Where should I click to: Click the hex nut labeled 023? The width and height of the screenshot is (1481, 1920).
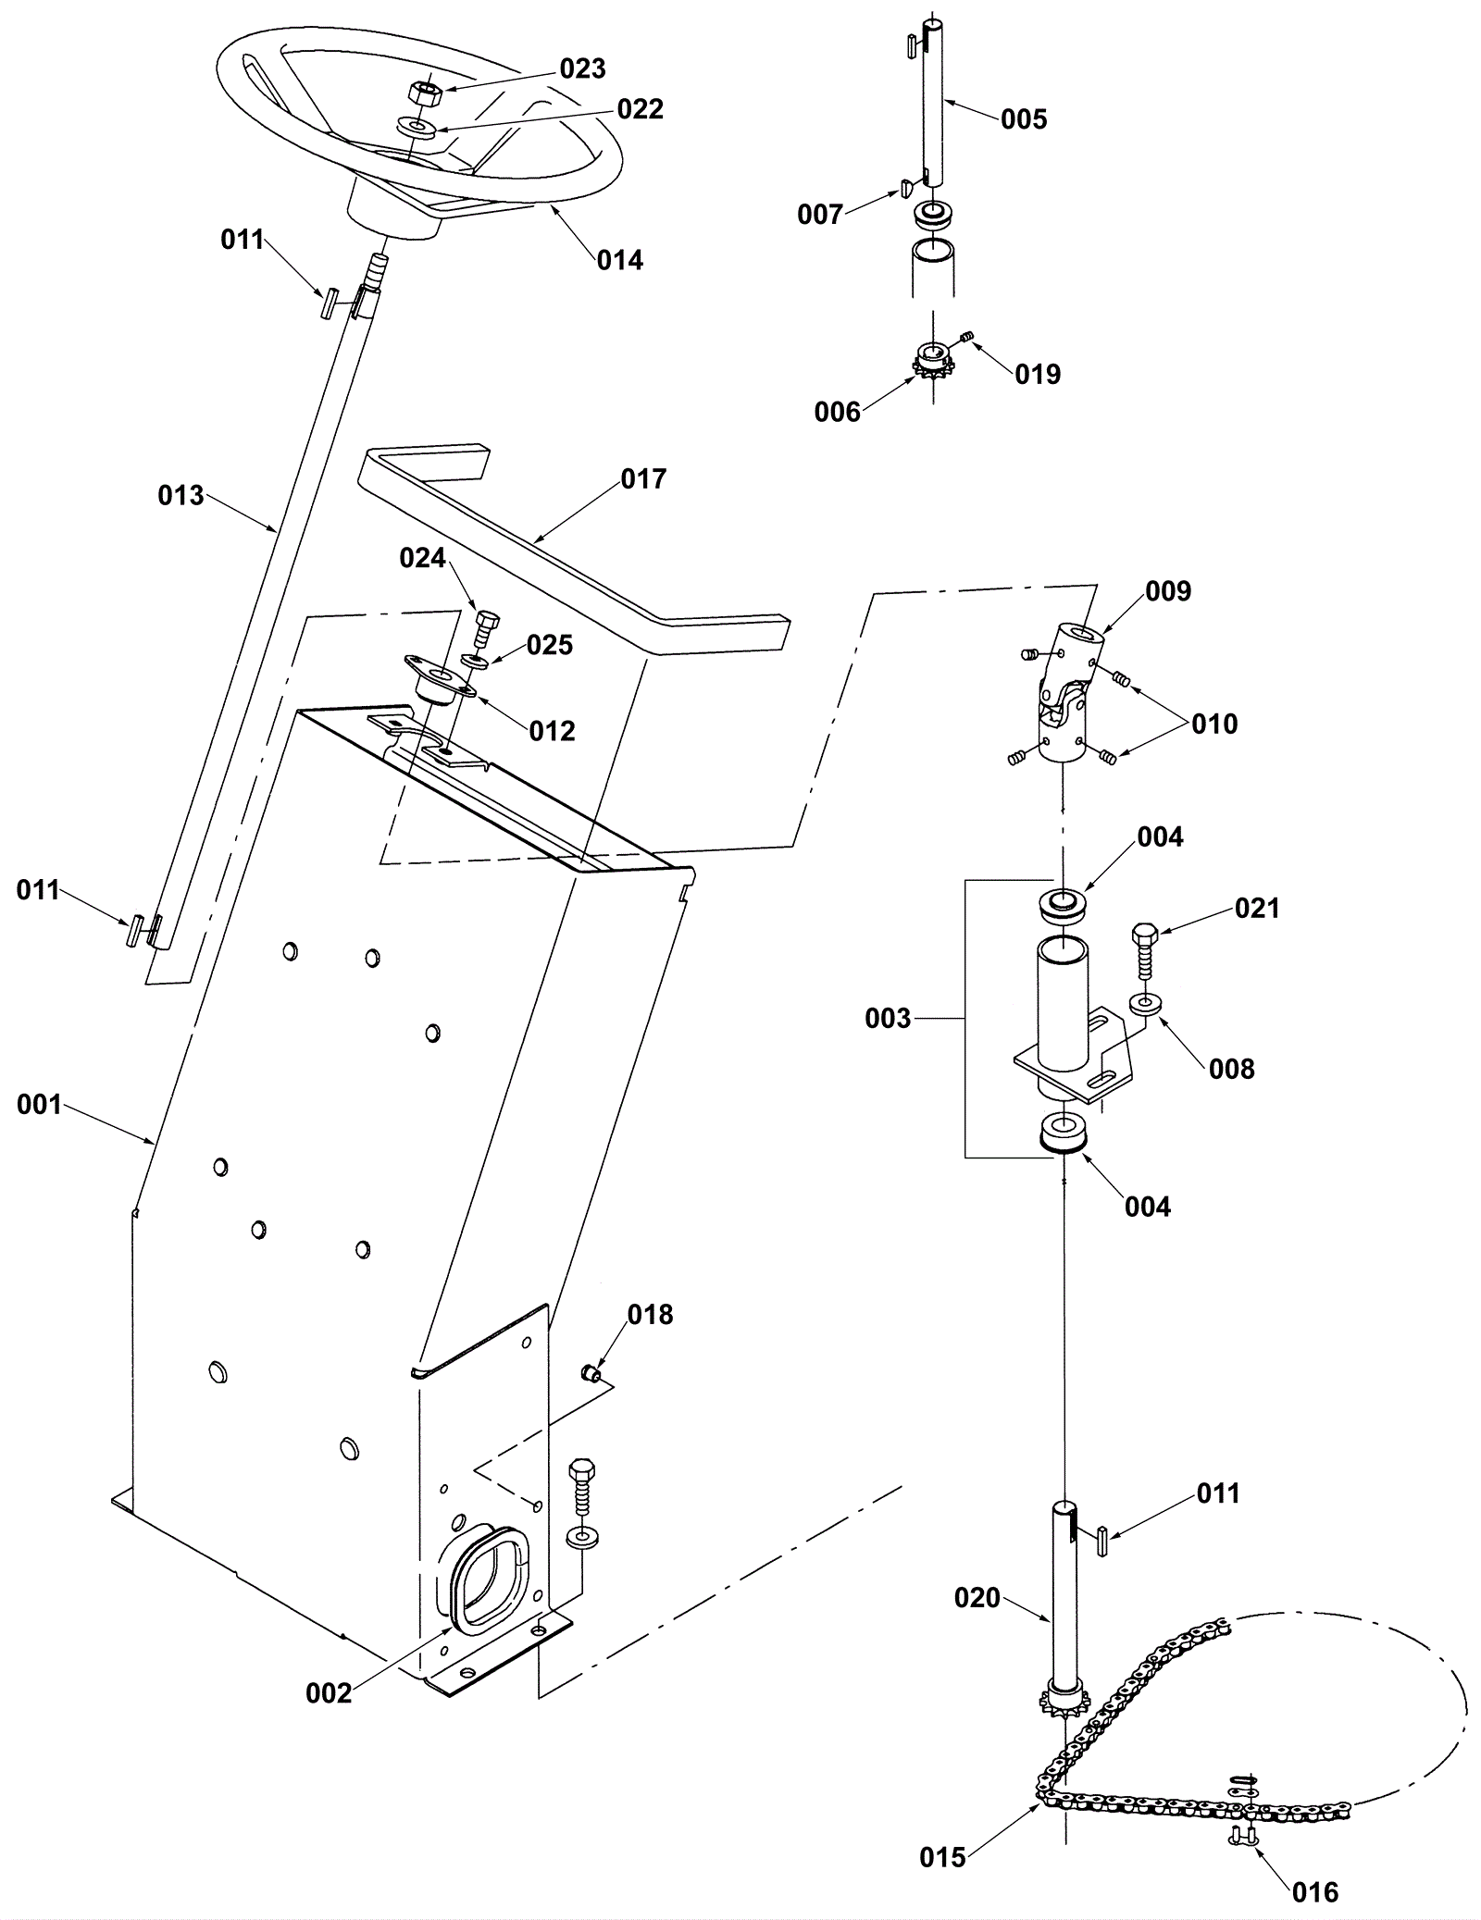[x=422, y=93]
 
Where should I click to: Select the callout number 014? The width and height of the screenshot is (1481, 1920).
[x=619, y=261]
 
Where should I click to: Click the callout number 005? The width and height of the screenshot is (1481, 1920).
[x=1024, y=119]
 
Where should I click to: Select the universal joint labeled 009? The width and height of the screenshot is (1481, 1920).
[x=1069, y=691]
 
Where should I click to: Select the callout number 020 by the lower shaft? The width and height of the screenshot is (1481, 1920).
[x=977, y=1598]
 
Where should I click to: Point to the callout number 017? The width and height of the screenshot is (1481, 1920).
[x=643, y=479]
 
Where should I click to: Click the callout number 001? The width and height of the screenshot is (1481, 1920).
[x=40, y=1105]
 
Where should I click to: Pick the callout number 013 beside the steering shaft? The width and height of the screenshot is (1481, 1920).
[x=180, y=496]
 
